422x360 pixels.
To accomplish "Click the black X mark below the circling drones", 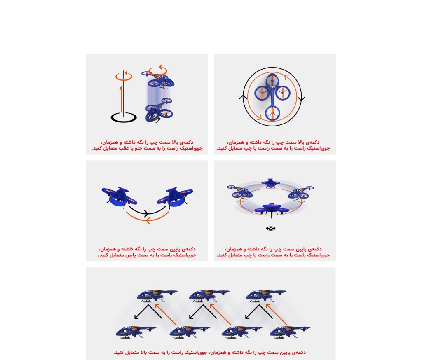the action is pos(271,229).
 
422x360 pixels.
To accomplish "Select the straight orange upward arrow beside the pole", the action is pos(121,98).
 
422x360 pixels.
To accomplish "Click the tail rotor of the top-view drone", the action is pos(273,113).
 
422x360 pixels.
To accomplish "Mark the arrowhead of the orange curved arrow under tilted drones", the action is pos(148,221).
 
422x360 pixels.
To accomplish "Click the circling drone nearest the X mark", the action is pos(272,209).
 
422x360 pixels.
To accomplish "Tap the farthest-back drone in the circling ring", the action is pos(270,183).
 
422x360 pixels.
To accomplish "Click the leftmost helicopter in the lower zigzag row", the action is pos(136,332).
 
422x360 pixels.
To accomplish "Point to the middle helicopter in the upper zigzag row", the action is pos(209,296).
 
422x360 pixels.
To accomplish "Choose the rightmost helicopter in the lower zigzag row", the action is pos(290,332).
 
